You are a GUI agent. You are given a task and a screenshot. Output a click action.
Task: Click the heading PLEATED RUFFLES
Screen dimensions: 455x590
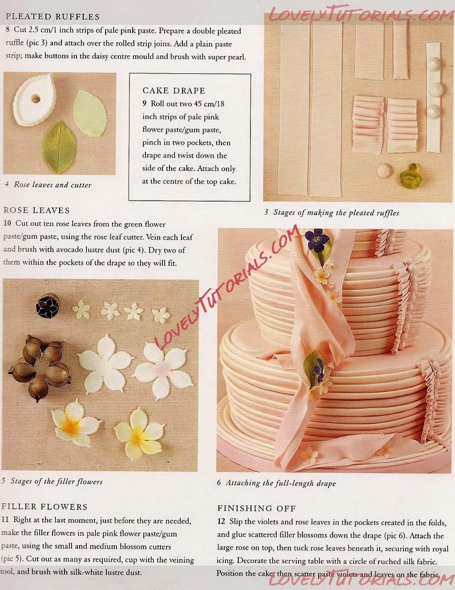point(53,17)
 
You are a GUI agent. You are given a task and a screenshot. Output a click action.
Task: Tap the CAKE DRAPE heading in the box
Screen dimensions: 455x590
point(174,91)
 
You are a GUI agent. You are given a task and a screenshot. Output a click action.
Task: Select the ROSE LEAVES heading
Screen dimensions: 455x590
point(36,210)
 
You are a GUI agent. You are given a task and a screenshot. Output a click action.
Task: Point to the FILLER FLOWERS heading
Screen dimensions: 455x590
point(44,507)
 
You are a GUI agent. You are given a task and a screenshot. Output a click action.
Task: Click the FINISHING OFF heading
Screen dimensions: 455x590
point(257,508)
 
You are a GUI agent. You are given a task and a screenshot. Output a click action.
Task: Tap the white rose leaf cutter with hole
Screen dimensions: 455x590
point(34,100)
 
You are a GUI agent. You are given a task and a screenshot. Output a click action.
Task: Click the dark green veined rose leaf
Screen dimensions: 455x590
point(59,147)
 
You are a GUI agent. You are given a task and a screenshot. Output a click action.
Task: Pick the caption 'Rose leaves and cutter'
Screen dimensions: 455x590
point(53,185)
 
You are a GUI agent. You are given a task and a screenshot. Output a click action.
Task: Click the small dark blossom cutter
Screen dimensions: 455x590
point(48,305)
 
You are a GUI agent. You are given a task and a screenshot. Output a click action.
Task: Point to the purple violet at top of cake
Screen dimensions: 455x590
point(317,240)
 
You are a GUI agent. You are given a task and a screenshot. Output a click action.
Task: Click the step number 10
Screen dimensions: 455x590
point(7,223)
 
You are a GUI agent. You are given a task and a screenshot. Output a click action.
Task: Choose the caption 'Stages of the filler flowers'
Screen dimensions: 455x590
point(56,481)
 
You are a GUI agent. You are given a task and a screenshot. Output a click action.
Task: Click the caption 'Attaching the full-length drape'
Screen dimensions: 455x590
point(281,483)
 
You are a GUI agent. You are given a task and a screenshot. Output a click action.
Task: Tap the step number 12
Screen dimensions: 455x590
point(222,522)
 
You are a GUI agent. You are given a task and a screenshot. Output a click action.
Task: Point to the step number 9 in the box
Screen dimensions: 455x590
point(144,104)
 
